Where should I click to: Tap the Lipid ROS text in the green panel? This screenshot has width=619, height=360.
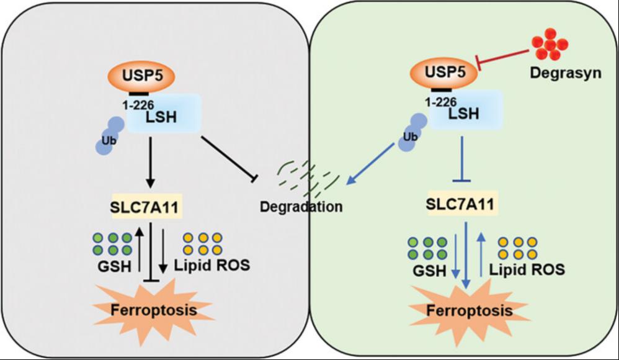point(527,269)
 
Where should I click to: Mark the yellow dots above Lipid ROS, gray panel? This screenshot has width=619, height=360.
point(204,243)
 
